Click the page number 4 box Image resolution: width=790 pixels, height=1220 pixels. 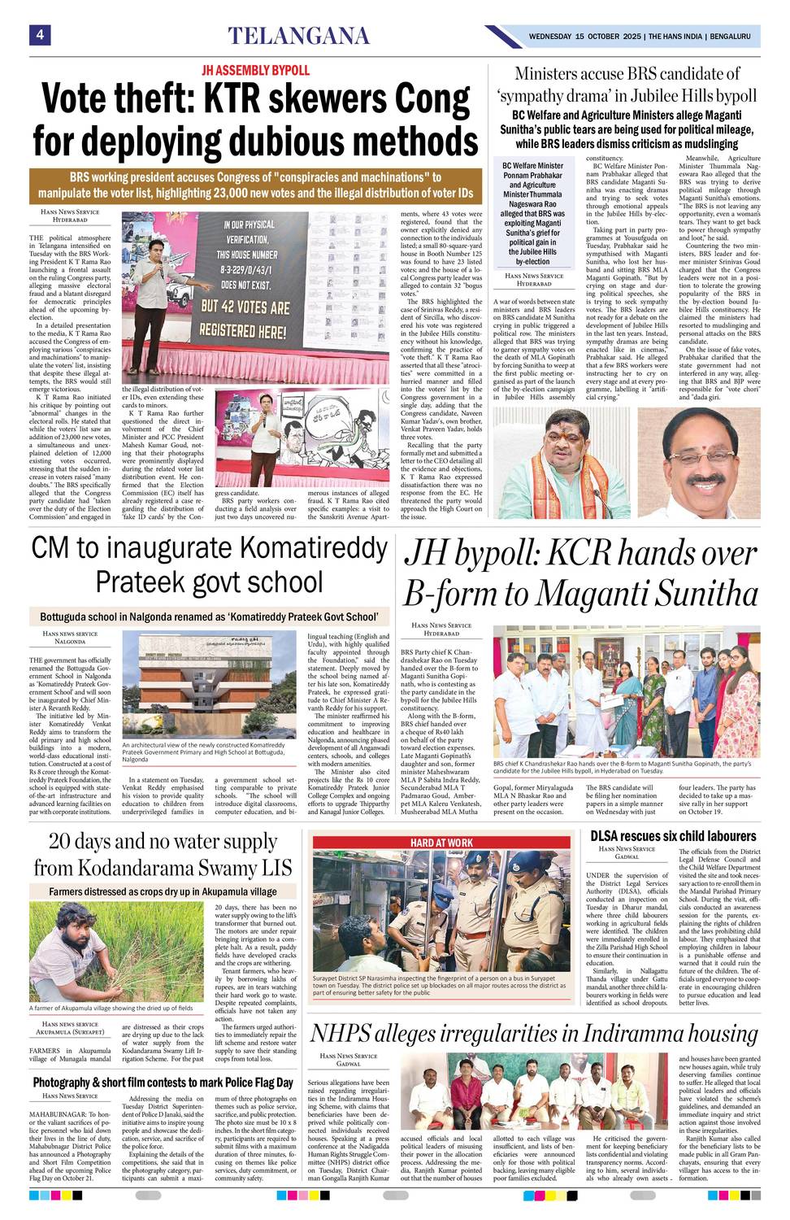[39, 35]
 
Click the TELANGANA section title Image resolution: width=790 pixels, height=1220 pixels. [298, 36]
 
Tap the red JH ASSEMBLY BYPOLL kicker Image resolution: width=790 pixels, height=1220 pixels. [255, 71]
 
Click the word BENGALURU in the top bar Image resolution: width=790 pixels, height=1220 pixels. [729, 37]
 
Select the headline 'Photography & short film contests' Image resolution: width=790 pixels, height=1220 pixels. [163, 1083]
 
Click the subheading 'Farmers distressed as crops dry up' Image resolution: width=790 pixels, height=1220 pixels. [163, 891]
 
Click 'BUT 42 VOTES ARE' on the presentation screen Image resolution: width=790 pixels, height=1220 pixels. [245, 307]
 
